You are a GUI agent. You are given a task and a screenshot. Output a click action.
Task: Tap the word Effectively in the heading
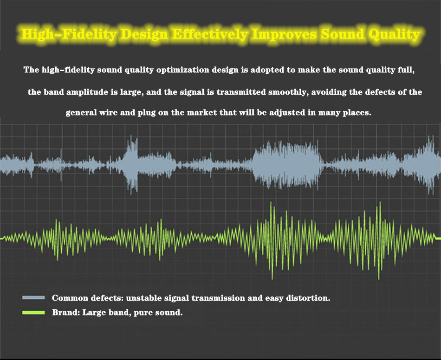coord(210,34)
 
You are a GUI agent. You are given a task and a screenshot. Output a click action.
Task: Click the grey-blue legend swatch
coord(33,298)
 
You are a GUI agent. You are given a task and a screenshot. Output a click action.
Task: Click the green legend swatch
coord(33,312)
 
